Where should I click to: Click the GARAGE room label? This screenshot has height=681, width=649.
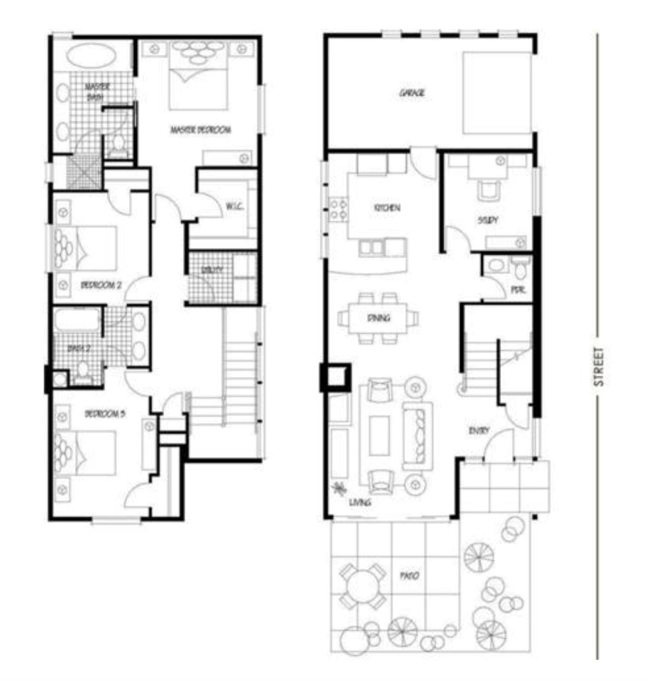412,93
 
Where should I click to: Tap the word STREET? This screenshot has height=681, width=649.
599,367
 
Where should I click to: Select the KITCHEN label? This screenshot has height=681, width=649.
387,208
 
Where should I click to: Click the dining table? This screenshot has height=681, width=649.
378,318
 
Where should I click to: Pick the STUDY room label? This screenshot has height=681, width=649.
488,220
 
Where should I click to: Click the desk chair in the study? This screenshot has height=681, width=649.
489,190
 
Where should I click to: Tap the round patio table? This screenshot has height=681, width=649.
363,586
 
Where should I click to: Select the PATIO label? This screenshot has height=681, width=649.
409,576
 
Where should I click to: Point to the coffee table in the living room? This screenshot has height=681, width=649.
379,435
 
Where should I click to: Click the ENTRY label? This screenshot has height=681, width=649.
478,431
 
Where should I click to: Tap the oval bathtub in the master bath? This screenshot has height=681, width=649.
91,55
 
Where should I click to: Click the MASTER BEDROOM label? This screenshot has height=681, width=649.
201,130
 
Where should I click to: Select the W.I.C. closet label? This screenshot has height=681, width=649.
235,206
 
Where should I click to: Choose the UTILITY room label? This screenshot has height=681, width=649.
212,270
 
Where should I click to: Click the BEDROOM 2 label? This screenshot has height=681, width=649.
101,285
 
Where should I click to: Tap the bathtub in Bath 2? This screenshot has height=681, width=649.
78,320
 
